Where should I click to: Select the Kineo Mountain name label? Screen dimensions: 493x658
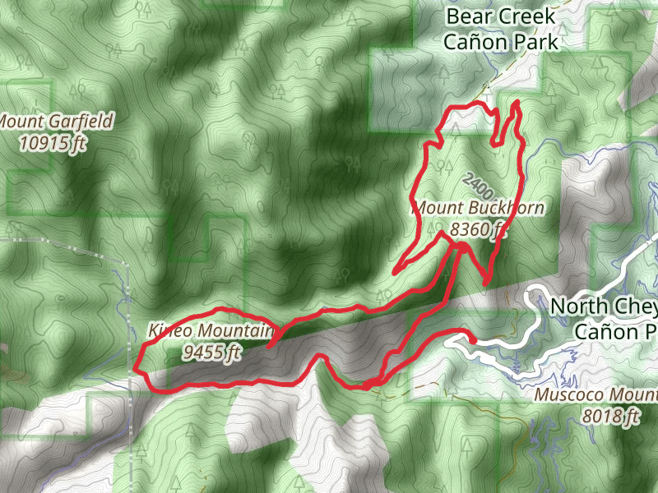210,331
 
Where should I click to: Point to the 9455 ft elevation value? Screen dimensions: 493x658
213,353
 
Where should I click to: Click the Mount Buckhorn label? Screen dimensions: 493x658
478,208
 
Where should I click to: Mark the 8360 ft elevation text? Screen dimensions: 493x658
477,229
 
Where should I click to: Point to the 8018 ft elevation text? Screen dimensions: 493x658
610,417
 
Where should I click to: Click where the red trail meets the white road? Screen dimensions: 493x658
474,337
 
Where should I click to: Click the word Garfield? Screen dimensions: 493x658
78,122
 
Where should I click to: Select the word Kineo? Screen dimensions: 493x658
169,331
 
